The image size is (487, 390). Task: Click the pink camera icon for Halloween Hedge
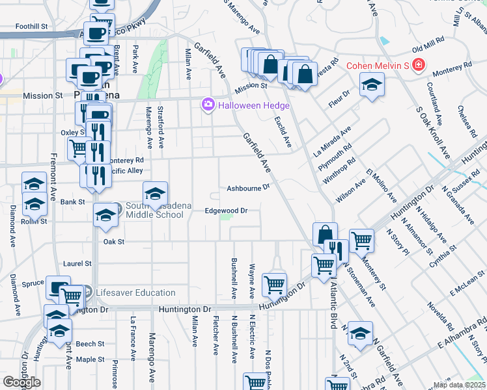pyautogui.click(x=208, y=105)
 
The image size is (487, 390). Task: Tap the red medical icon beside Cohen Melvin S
pyautogui.click(x=417, y=65)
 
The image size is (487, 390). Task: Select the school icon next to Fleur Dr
pyautogui.click(x=372, y=85)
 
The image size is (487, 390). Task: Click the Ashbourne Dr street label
pyautogui.click(x=248, y=188)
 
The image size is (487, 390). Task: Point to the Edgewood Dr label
pyautogui.click(x=227, y=211)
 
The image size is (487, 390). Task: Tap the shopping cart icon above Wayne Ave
pyautogui.click(x=274, y=284)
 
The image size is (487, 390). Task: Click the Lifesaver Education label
pyautogui.click(x=135, y=293)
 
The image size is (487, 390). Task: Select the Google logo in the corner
pyautogui.click(x=21, y=382)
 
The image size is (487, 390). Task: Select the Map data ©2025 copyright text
pyautogui.click(x=458, y=385)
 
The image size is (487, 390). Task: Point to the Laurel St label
pyautogui.click(x=74, y=264)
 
